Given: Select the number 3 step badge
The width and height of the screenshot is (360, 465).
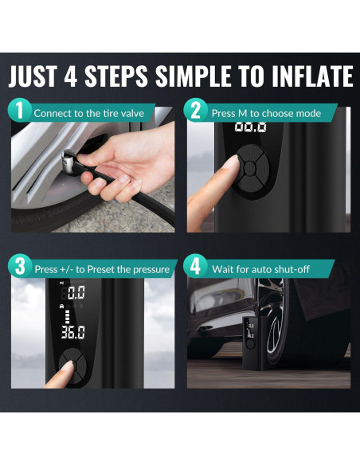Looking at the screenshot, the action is point(20,266).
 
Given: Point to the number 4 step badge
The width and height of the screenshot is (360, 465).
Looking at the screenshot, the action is point(195,266).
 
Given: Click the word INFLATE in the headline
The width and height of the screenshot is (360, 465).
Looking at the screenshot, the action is point(312,76).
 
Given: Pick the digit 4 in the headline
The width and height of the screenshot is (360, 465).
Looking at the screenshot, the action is point(71,76).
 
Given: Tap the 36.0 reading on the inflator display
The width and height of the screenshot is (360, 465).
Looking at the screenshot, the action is point(73,332).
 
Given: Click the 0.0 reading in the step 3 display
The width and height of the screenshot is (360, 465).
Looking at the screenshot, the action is point(76,292).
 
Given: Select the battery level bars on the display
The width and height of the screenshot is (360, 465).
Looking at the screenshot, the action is point(68,317).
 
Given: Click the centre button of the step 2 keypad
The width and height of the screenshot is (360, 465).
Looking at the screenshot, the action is point(249,168).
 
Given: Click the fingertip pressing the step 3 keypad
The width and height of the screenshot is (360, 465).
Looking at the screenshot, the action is point(68,366).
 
